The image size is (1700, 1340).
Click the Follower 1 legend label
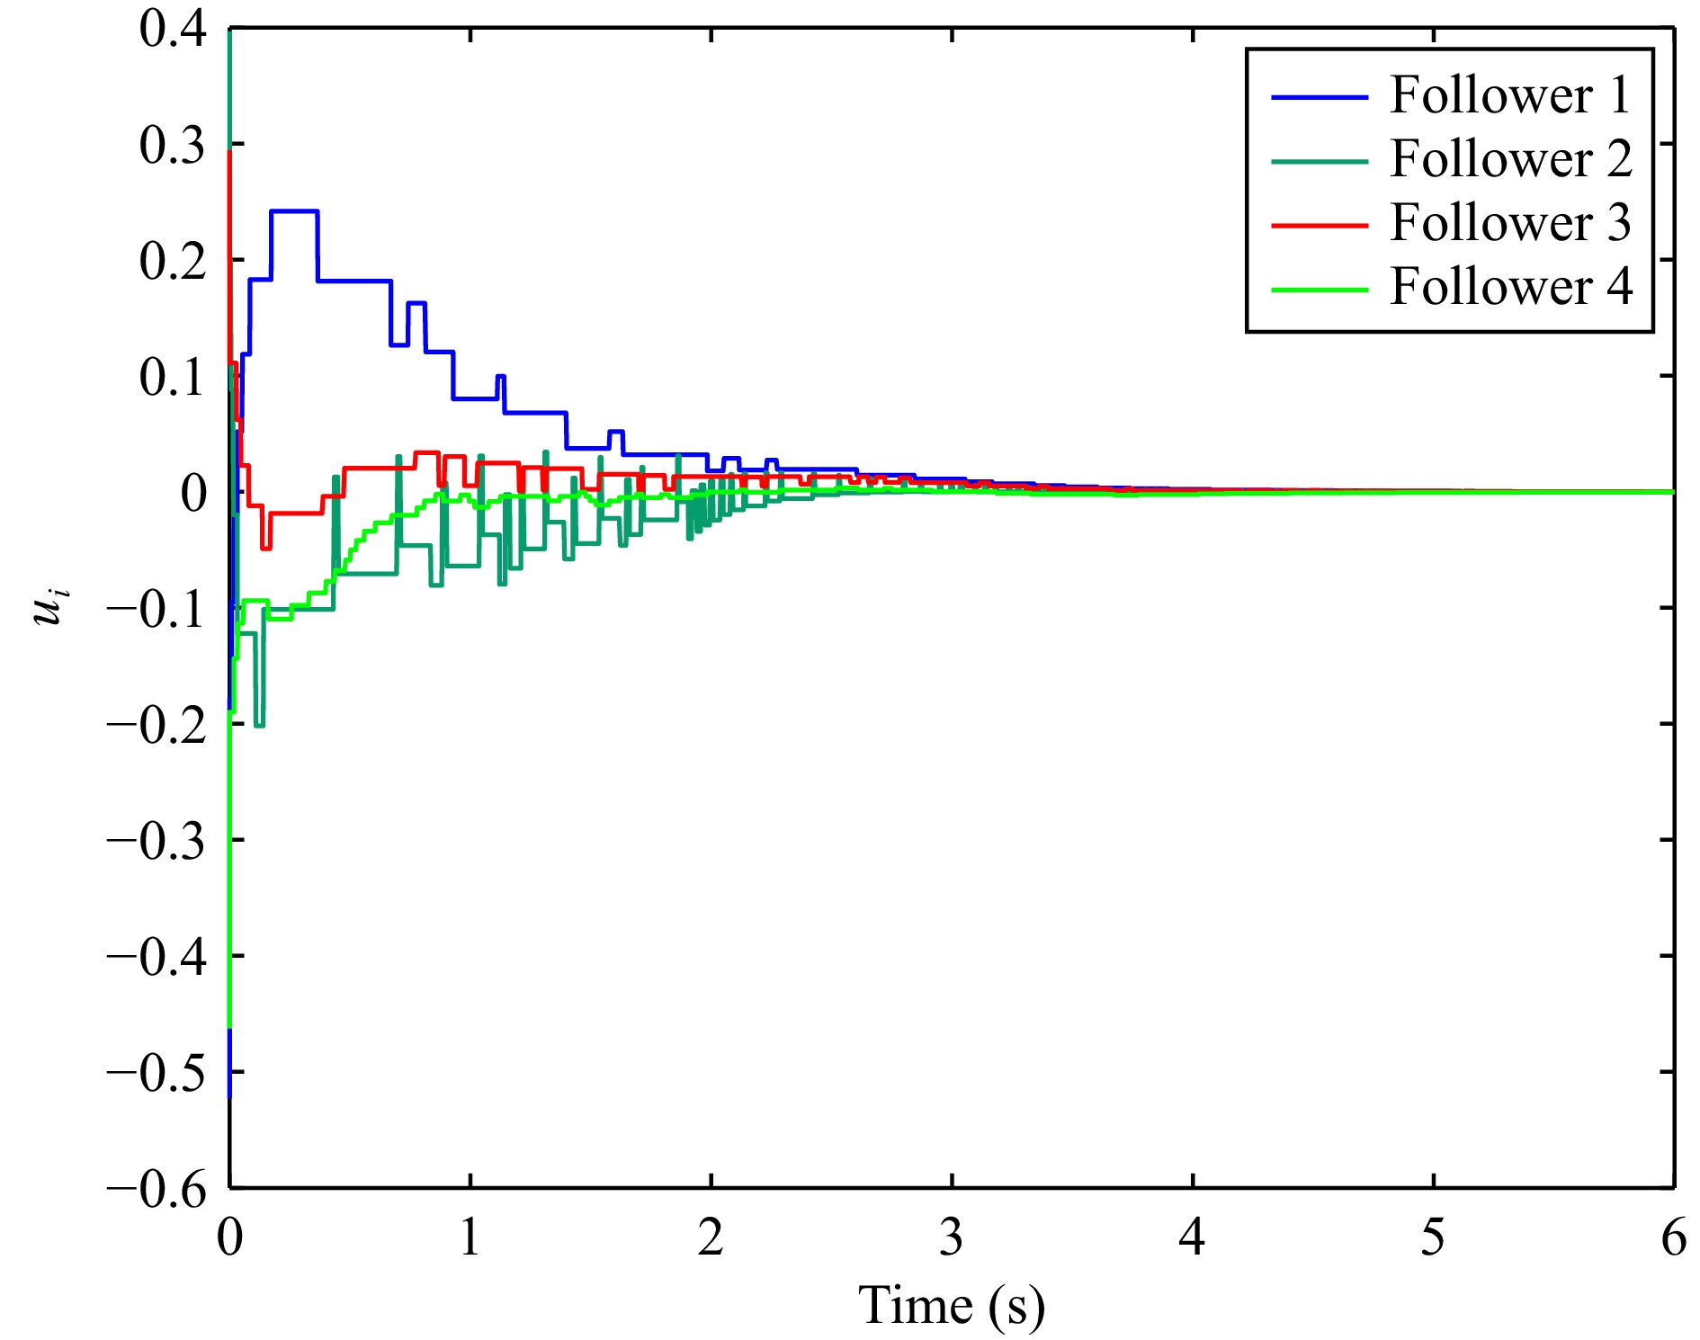click(x=1510, y=95)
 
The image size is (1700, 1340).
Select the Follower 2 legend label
click(x=1510, y=159)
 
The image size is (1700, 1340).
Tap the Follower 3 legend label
click(x=1510, y=223)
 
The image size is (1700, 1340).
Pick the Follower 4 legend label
click(x=1510, y=287)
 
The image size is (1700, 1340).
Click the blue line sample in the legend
click(x=1319, y=97)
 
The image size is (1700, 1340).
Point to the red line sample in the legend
click(x=1319, y=225)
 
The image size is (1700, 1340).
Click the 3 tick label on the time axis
click(x=952, y=1238)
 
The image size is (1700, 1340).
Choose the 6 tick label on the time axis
click(x=1673, y=1238)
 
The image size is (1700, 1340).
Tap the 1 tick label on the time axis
click(x=470, y=1238)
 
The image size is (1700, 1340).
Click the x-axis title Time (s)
click(x=952, y=1306)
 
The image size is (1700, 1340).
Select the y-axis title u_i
click(x=50, y=606)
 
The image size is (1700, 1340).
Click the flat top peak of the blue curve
click(x=294, y=211)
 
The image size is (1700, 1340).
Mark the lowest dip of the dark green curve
click(x=259, y=725)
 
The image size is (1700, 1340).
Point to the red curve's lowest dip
click(x=265, y=548)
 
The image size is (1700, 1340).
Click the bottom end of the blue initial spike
click(x=229, y=1096)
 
